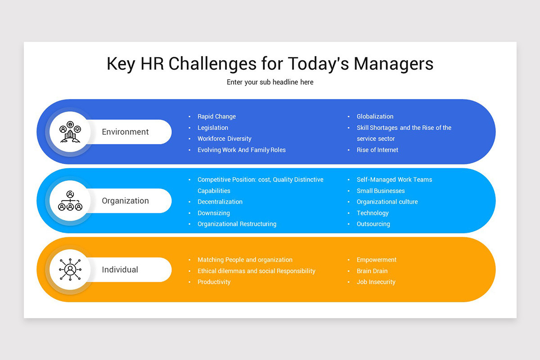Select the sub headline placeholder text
pyautogui.click(x=270, y=82)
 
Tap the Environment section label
pyautogui.click(x=125, y=132)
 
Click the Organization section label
pyautogui.click(x=125, y=201)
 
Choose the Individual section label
pyautogui.click(x=120, y=270)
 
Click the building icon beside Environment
pyautogui.click(x=70, y=132)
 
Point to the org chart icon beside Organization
pyautogui.click(x=70, y=201)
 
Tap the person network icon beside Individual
pyautogui.click(x=70, y=270)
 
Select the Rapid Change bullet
pyautogui.click(x=216, y=117)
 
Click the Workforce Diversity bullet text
pyautogui.click(x=224, y=139)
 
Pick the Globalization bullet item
pyautogui.click(x=375, y=117)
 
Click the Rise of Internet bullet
pyautogui.click(x=377, y=150)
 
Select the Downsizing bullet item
pyautogui.click(x=213, y=213)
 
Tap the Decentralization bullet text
pyautogui.click(x=220, y=202)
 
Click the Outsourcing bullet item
pyautogui.click(x=373, y=224)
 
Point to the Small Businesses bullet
pyautogui.click(x=380, y=191)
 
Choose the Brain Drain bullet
pyautogui.click(x=372, y=271)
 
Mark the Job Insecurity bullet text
pyautogui.click(x=376, y=282)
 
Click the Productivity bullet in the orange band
pyautogui.click(x=214, y=282)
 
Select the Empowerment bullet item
pyautogui.click(x=376, y=260)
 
